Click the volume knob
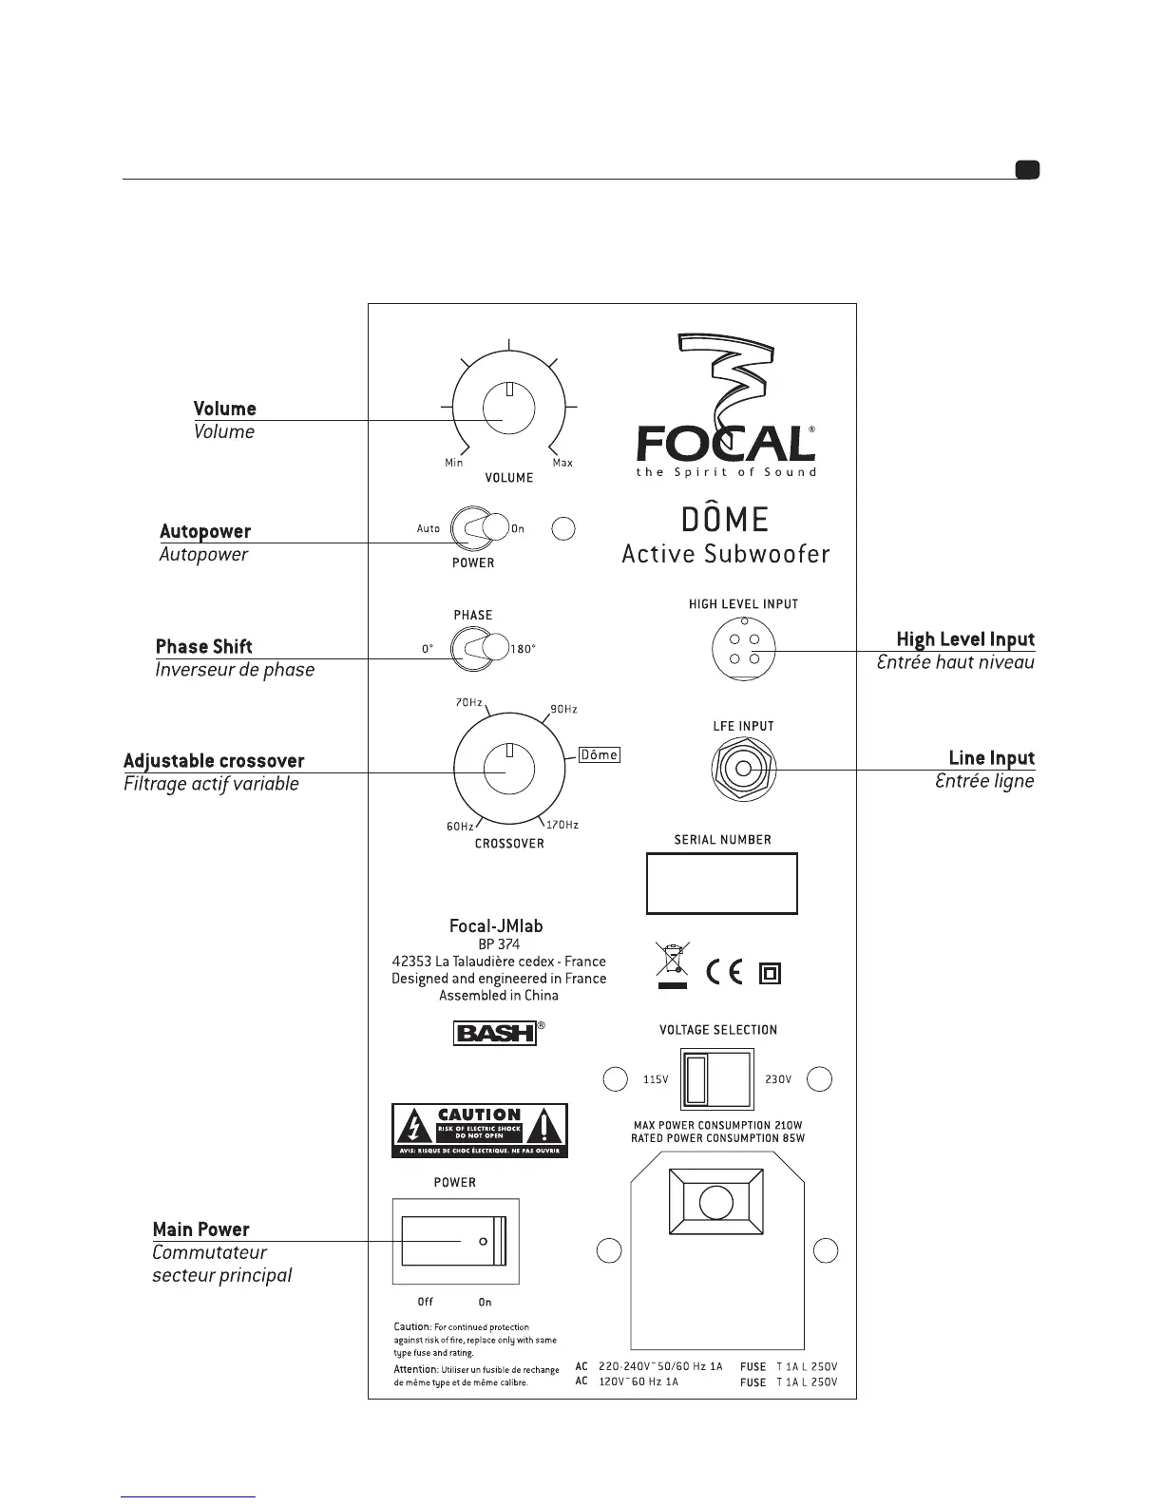[x=508, y=409]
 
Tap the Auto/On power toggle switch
[x=480, y=528]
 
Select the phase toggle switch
[x=480, y=648]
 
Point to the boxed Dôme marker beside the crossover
[x=600, y=754]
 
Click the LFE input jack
[x=743, y=769]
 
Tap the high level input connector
[x=743, y=649]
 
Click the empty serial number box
[x=721, y=884]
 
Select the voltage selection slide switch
[x=717, y=1079]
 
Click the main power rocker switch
[x=455, y=1242]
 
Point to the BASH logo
[x=495, y=1033]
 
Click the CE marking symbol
[x=725, y=973]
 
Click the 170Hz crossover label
[x=562, y=825]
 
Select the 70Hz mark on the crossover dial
[x=468, y=703]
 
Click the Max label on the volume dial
[x=562, y=463]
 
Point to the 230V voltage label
[x=778, y=1079]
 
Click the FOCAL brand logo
[x=725, y=443]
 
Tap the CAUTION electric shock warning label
[x=479, y=1130]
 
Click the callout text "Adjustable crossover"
[x=214, y=761]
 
